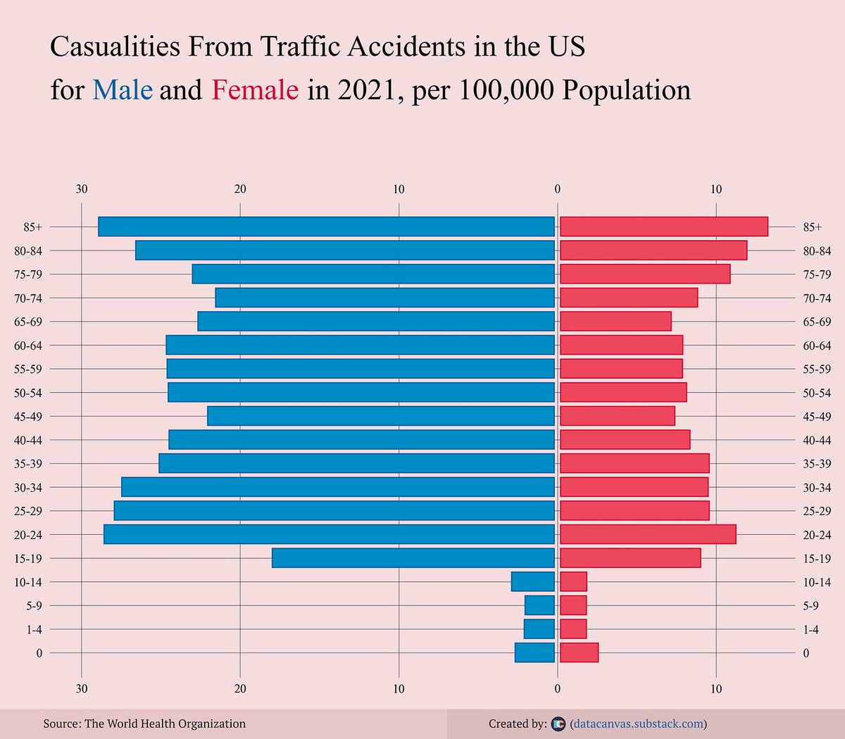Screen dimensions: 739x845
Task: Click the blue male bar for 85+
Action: point(326,227)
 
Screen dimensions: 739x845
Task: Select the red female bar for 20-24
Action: point(648,534)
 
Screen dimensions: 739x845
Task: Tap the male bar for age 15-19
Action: point(413,558)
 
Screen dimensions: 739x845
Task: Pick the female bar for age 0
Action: point(579,652)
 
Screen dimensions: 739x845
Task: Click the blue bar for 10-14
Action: point(533,582)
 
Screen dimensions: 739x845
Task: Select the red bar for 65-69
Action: point(615,322)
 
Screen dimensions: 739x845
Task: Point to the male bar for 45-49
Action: point(381,416)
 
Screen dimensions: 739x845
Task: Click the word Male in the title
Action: point(123,90)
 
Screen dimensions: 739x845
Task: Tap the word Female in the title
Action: point(255,90)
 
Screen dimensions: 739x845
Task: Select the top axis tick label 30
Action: point(82,189)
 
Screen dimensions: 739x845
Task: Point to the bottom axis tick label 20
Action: point(240,688)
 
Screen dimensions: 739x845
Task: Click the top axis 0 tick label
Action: point(557,189)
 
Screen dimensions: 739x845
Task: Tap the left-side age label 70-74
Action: point(28,298)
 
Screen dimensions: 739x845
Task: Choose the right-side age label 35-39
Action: point(817,464)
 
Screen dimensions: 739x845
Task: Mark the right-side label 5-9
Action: point(810,605)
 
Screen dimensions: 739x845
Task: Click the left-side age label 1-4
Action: point(34,629)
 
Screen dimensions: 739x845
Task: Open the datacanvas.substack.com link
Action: point(639,724)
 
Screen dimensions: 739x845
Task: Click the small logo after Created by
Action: point(558,724)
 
